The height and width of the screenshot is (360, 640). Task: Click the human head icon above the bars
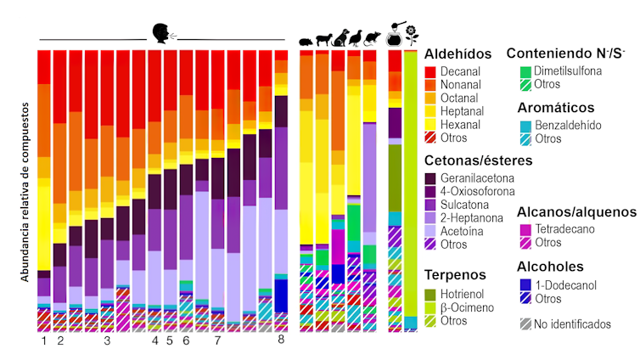(x=160, y=33)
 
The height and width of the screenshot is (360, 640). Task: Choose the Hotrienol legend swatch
(x=430, y=293)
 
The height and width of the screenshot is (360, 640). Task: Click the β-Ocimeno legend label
(x=469, y=307)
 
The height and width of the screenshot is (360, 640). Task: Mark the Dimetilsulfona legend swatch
(x=525, y=71)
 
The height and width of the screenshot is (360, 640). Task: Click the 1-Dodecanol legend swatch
(x=525, y=284)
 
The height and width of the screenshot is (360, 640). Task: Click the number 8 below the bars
(x=282, y=340)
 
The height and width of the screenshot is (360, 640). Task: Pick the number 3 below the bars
(x=107, y=340)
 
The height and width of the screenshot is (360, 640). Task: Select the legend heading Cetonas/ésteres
(x=478, y=160)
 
